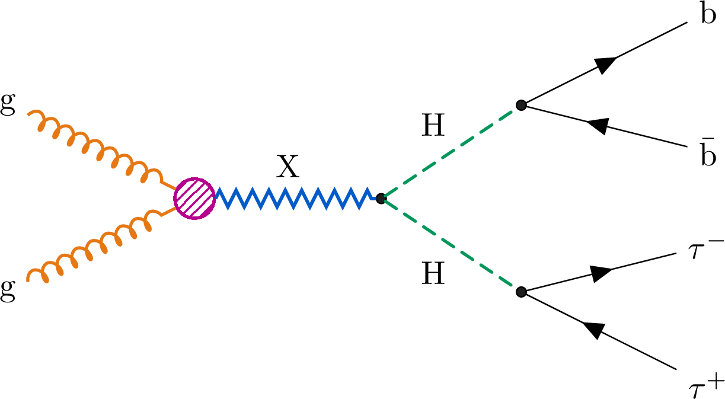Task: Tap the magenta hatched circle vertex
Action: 194,199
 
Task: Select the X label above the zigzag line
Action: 288,169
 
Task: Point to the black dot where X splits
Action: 381,199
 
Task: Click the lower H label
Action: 433,275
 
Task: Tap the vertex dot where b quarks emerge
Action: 521,106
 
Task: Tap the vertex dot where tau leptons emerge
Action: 521,292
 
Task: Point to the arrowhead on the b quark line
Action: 605,64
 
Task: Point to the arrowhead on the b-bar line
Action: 598,126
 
